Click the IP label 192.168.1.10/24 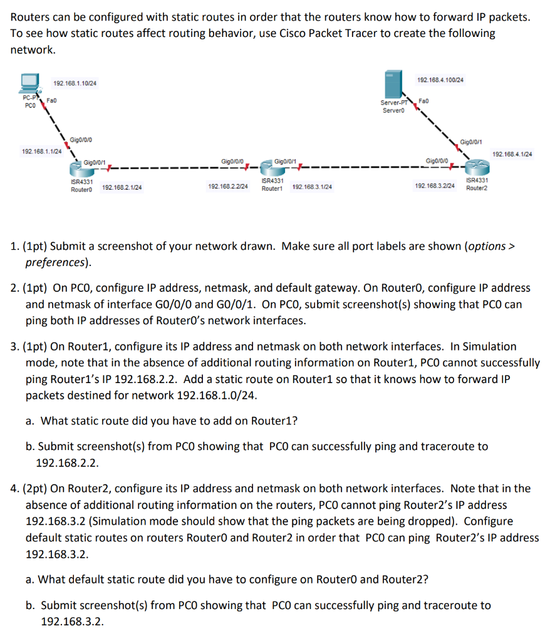pos(75,84)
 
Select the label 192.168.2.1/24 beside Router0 pos(122,187)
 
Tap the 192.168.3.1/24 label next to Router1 pos(312,187)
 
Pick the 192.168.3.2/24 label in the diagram pos(435,187)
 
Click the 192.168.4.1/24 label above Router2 pos(512,154)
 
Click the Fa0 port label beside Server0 pos(423,100)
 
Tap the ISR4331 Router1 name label pos(273,184)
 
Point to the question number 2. pos(14,289)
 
